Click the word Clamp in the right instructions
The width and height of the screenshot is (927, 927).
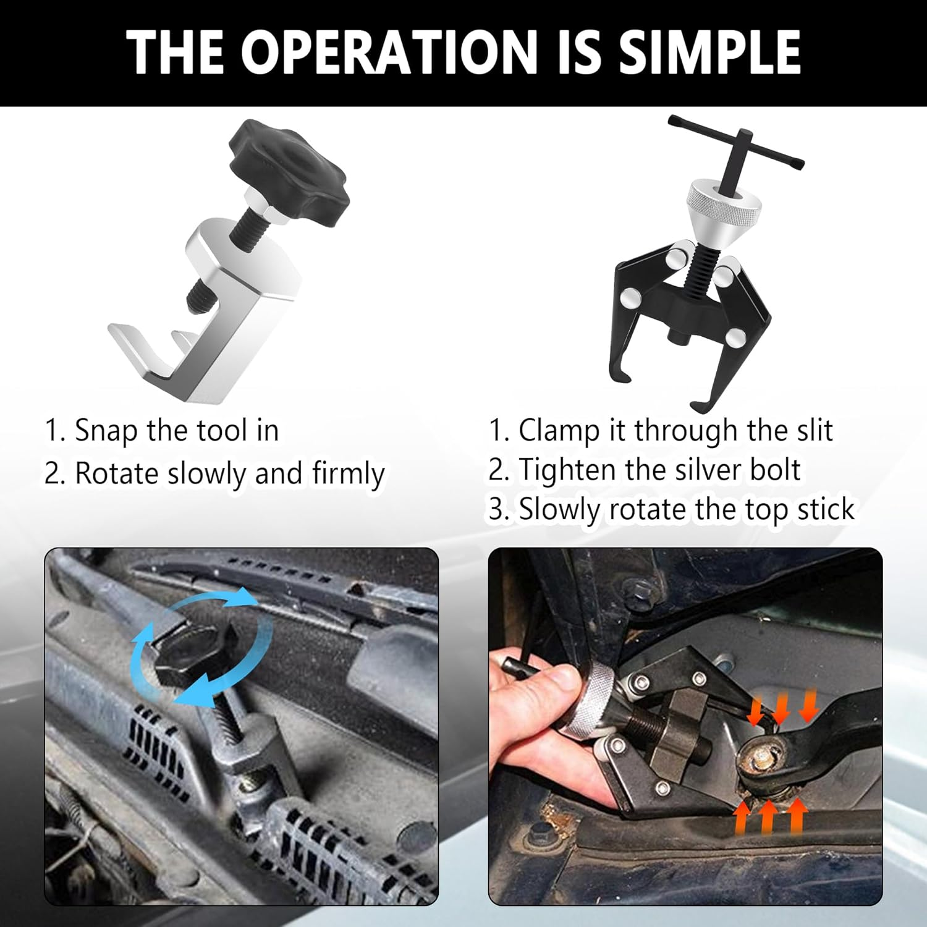coord(559,431)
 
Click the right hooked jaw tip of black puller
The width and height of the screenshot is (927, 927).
coord(698,405)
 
